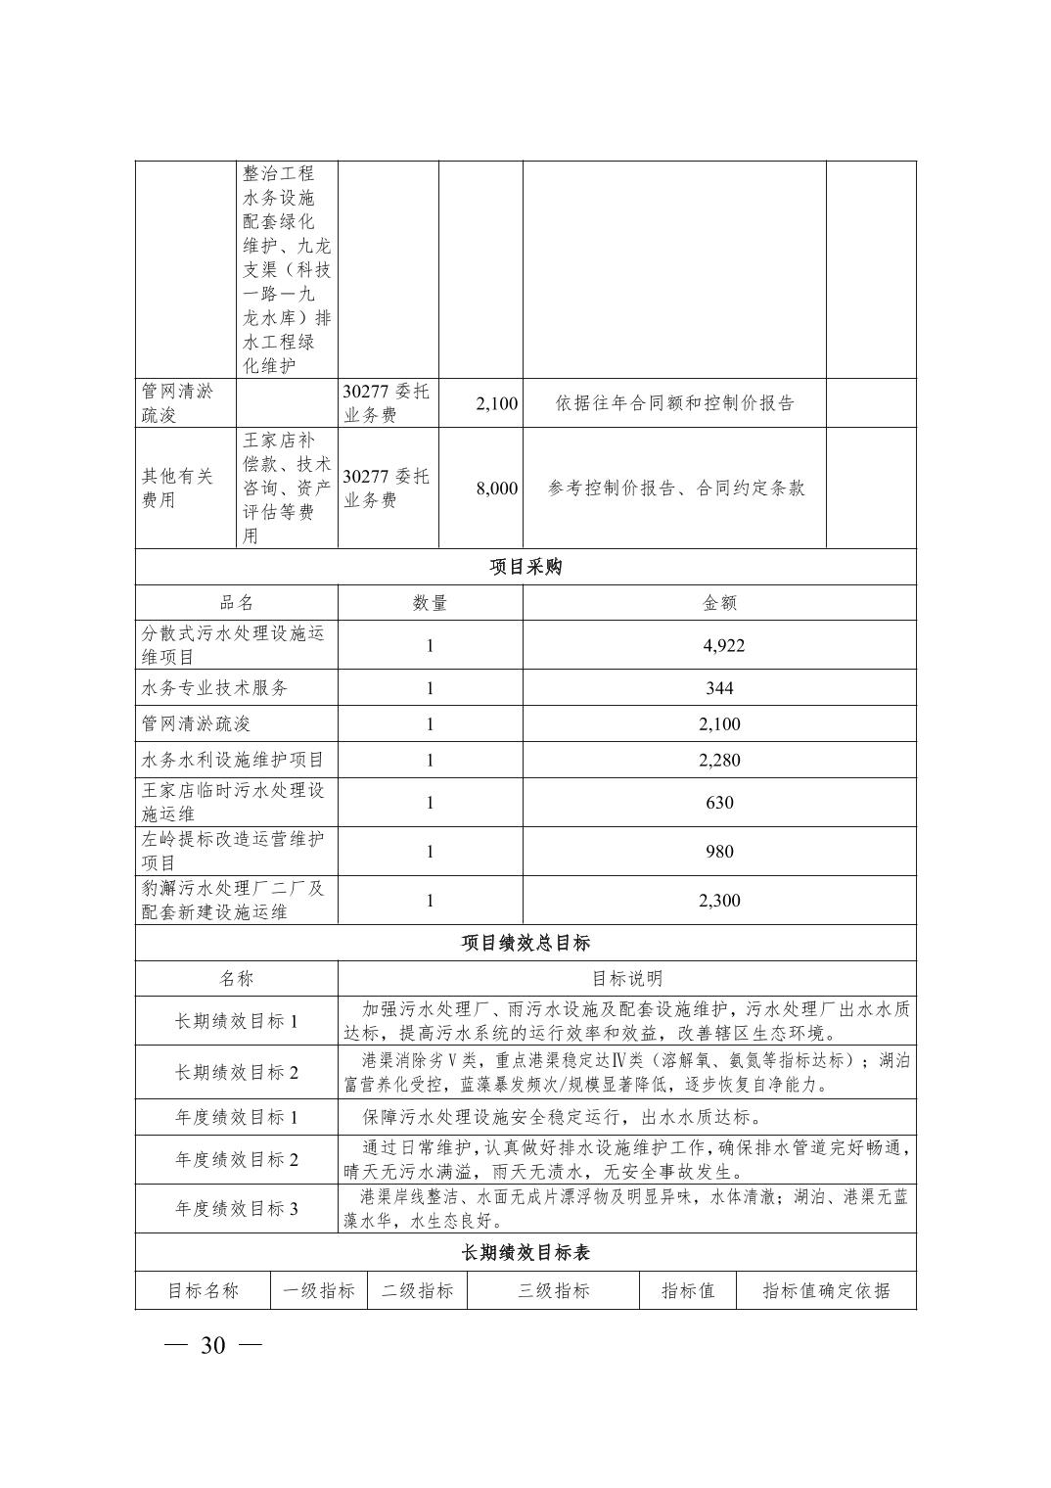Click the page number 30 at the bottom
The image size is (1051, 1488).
[x=212, y=1345]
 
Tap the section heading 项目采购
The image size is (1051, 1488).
[x=525, y=567]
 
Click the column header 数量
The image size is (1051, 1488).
[x=430, y=603]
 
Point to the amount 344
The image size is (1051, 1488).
[x=719, y=688]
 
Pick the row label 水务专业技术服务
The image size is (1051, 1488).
[x=215, y=688]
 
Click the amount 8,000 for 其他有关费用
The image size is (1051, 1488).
[x=497, y=488]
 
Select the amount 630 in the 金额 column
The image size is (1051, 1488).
[x=719, y=803]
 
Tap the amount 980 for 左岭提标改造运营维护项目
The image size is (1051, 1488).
[x=719, y=852]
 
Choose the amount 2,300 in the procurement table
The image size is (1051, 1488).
[x=719, y=901]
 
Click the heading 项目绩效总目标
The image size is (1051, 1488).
[x=525, y=943]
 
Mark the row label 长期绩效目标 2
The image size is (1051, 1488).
[x=236, y=1072]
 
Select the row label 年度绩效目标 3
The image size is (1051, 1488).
[x=236, y=1208]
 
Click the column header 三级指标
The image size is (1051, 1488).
[x=553, y=1290]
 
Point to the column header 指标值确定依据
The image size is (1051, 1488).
[x=826, y=1290]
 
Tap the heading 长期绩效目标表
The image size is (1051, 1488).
[x=525, y=1253]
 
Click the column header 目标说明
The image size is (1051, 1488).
[x=627, y=978]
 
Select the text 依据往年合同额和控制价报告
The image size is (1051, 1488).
[x=674, y=403]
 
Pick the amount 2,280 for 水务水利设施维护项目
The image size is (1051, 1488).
[x=719, y=760]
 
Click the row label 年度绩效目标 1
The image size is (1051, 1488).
[x=236, y=1117]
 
